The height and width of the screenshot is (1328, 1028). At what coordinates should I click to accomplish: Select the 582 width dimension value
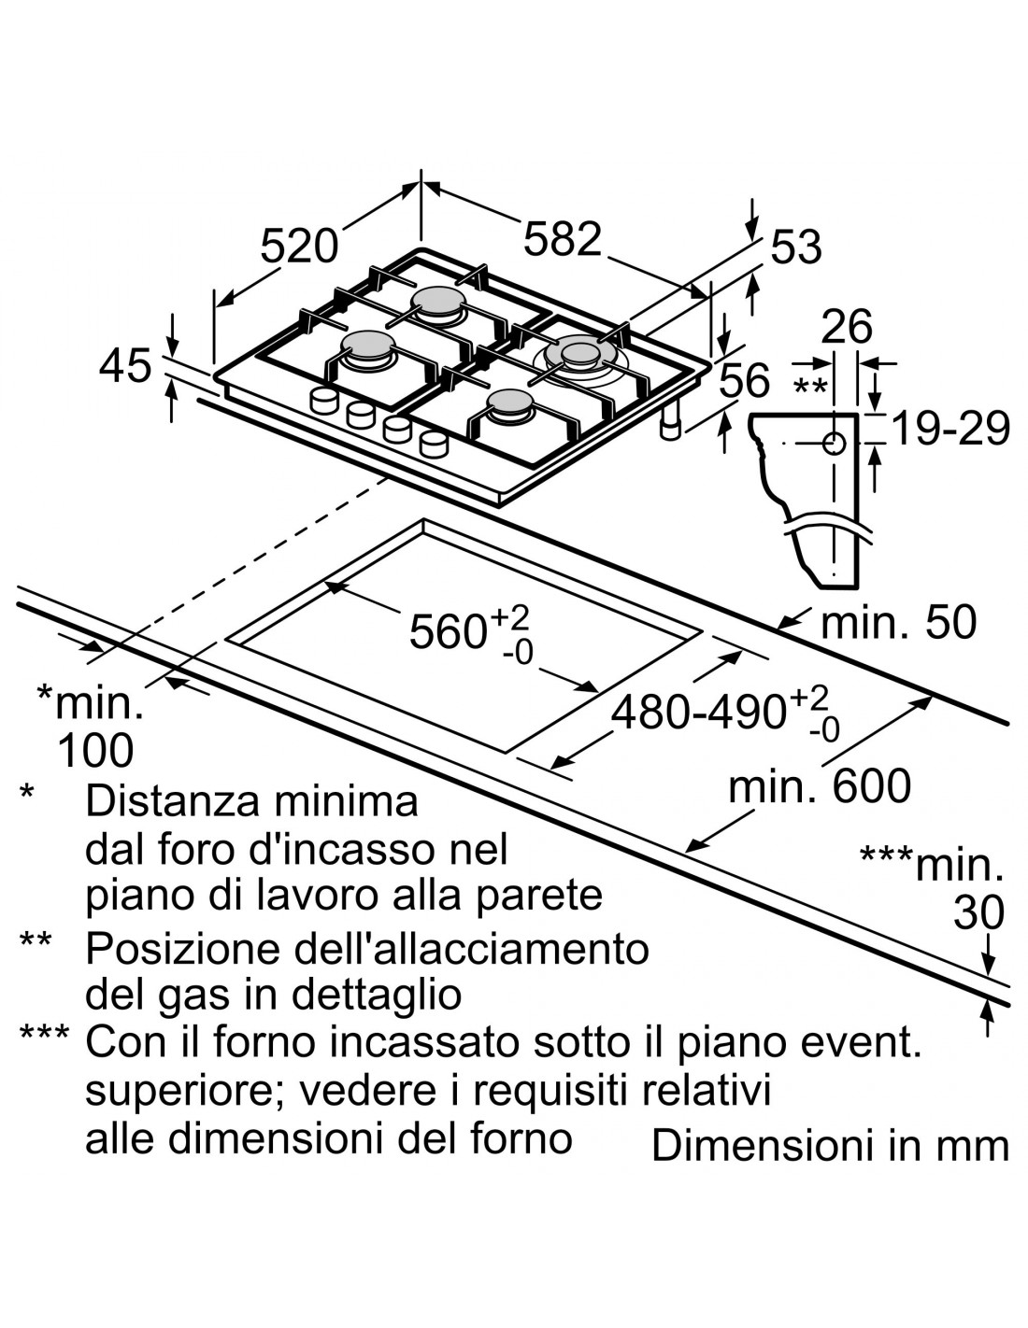[x=562, y=239]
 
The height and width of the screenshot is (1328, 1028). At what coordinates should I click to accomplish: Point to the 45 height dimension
[x=125, y=365]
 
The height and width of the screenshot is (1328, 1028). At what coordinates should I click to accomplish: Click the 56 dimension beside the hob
[x=746, y=381]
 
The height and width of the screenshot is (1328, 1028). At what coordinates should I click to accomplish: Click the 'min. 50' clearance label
[x=897, y=622]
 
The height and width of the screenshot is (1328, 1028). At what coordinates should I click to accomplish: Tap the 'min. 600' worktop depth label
[x=819, y=786]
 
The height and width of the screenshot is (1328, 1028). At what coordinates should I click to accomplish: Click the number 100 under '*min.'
[x=95, y=751]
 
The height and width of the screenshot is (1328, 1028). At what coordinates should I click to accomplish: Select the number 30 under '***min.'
[x=978, y=913]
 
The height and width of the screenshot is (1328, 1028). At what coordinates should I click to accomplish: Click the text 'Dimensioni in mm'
[x=830, y=1146]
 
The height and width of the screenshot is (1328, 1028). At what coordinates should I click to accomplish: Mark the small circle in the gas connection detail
[x=835, y=443]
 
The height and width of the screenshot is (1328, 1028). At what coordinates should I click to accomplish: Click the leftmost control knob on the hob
[x=323, y=401]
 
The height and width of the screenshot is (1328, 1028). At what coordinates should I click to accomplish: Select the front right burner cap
[x=509, y=403]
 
